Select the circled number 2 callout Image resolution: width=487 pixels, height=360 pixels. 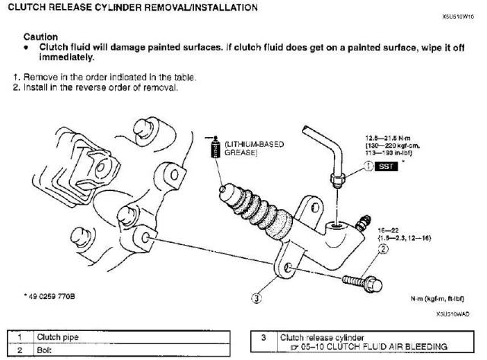coord(384,248)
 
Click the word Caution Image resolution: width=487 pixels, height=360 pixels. coord(38,36)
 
